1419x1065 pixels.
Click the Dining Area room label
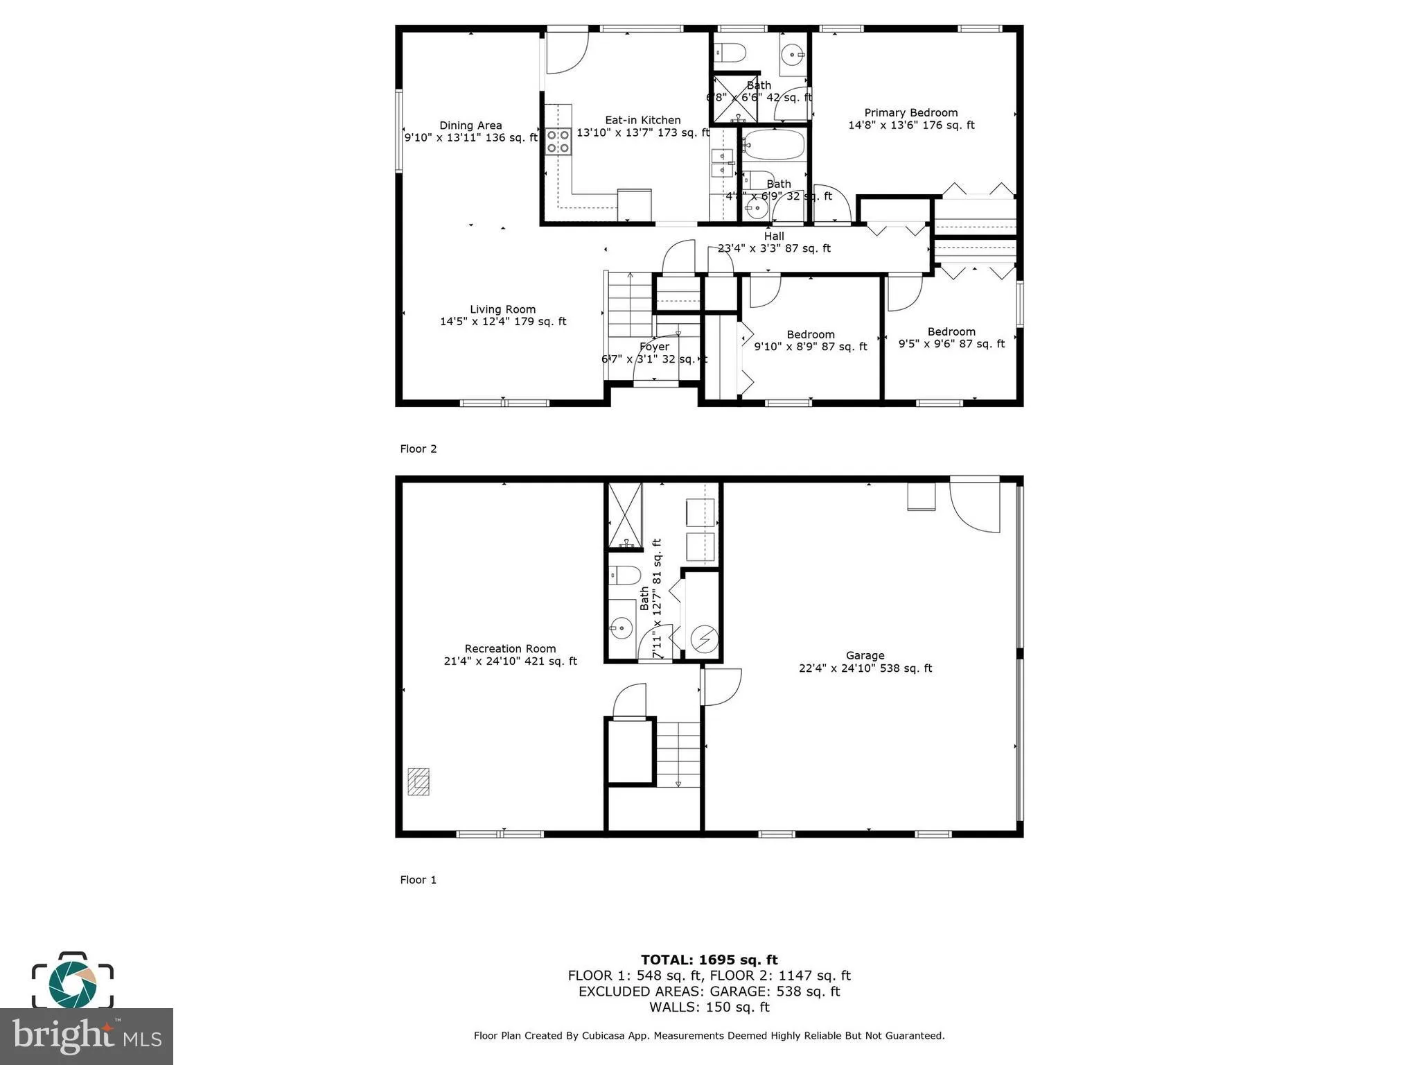point(470,125)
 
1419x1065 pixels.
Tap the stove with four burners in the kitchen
point(558,141)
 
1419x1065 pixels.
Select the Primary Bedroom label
point(910,113)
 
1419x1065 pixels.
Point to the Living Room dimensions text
point(503,322)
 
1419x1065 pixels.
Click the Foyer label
point(654,347)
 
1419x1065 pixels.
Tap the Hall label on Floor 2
point(774,236)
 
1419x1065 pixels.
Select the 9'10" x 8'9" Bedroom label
point(810,335)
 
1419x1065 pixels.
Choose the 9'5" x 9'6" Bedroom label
point(951,332)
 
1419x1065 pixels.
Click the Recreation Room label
point(510,649)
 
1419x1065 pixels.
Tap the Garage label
point(865,655)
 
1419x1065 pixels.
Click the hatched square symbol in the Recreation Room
point(418,781)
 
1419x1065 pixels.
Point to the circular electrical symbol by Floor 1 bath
point(704,639)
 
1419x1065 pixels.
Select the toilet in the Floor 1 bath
point(625,575)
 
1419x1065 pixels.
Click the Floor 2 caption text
point(418,449)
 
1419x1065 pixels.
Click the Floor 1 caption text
point(418,880)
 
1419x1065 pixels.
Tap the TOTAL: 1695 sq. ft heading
point(709,960)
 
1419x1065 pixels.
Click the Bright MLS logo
point(87,1036)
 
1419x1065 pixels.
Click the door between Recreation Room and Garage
point(721,686)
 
